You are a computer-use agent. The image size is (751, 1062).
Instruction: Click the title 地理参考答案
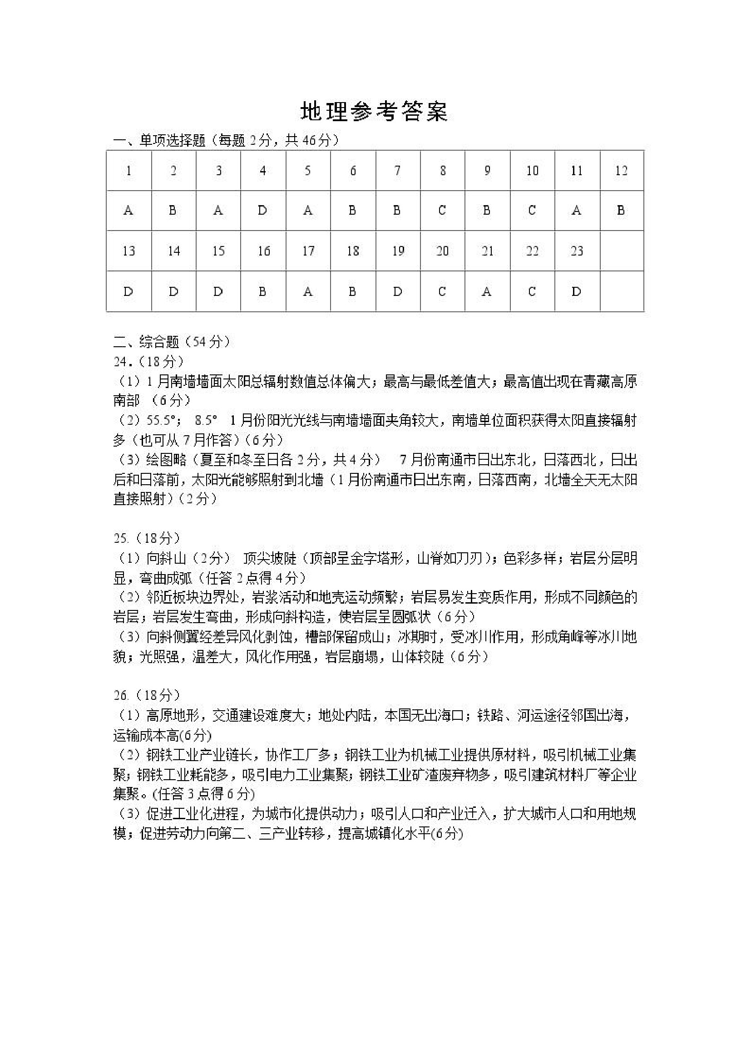click(374, 112)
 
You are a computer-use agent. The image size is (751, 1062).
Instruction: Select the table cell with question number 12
click(621, 171)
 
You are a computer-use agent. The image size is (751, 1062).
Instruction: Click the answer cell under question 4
click(262, 211)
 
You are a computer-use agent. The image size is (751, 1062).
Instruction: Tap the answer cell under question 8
click(442, 211)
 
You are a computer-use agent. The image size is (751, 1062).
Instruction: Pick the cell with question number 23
click(577, 251)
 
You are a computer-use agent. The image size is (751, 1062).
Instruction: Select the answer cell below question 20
click(442, 291)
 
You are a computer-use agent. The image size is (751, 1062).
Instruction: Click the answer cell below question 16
click(262, 291)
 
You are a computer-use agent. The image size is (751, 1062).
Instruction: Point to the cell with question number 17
click(308, 251)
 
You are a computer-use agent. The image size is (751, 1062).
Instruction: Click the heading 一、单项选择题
click(159, 141)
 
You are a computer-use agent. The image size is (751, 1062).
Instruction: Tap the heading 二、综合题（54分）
click(172, 342)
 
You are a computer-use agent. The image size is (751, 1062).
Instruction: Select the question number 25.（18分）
click(147, 538)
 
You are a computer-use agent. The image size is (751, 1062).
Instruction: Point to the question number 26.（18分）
click(147, 695)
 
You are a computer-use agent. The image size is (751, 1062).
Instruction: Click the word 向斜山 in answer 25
click(166, 558)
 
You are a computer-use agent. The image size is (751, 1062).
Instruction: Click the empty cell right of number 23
click(622, 251)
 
